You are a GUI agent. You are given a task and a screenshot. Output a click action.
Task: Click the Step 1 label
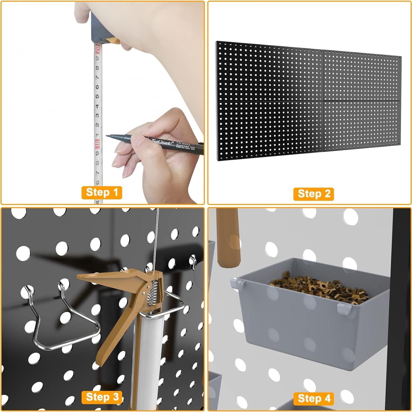(102, 192)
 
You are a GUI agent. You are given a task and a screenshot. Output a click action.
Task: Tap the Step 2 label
(314, 194)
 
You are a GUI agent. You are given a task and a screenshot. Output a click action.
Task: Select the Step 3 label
(102, 397)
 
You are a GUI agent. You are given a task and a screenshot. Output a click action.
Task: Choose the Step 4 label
(314, 398)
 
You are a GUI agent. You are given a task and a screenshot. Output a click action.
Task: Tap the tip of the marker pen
(107, 136)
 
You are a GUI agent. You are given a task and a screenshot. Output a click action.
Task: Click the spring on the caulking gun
(153, 292)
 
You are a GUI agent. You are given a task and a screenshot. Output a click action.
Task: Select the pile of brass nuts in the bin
(320, 287)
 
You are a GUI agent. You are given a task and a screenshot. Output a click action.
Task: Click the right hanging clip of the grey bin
(342, 308)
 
